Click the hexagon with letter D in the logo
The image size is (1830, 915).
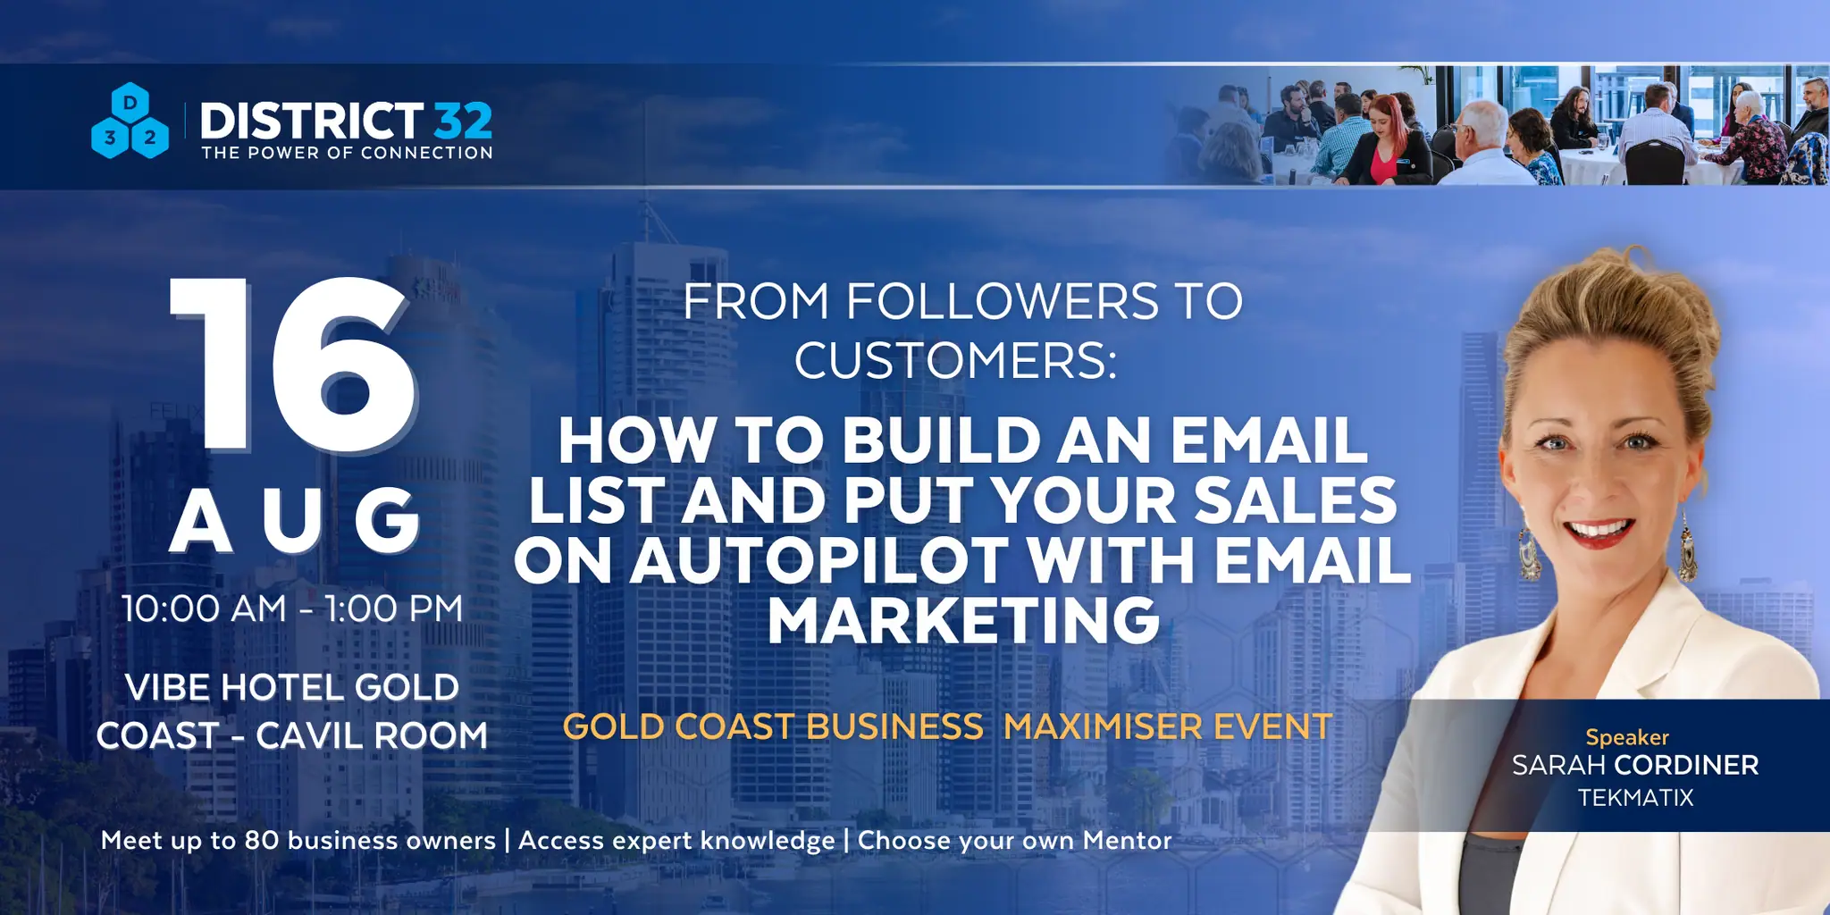(x=130, y=103)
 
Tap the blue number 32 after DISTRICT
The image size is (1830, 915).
(x=463, y=122)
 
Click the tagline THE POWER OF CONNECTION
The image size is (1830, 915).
(x=348, y=153)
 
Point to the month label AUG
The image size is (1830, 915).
(x=296, y=520)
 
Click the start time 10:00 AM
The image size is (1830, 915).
(x=205, y=609)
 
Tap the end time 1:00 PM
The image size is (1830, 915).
(x=394, y=609)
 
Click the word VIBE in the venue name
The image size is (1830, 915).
(x=167, y=687)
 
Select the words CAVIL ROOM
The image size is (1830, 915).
(x=372, y=735)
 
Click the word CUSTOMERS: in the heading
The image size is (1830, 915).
(x=956, y=360)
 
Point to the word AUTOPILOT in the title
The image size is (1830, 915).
(x=819, y=561)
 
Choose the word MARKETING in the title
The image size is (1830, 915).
(x=964, y=620)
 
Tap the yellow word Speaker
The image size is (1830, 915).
(x=1627, y=737)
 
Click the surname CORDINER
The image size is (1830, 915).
(x=1686, y=765)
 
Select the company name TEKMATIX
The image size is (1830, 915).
(x=1635, y=797)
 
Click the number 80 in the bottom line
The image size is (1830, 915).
(x=262, y=841)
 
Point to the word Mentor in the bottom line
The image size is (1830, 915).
(x=1127, y=840)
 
